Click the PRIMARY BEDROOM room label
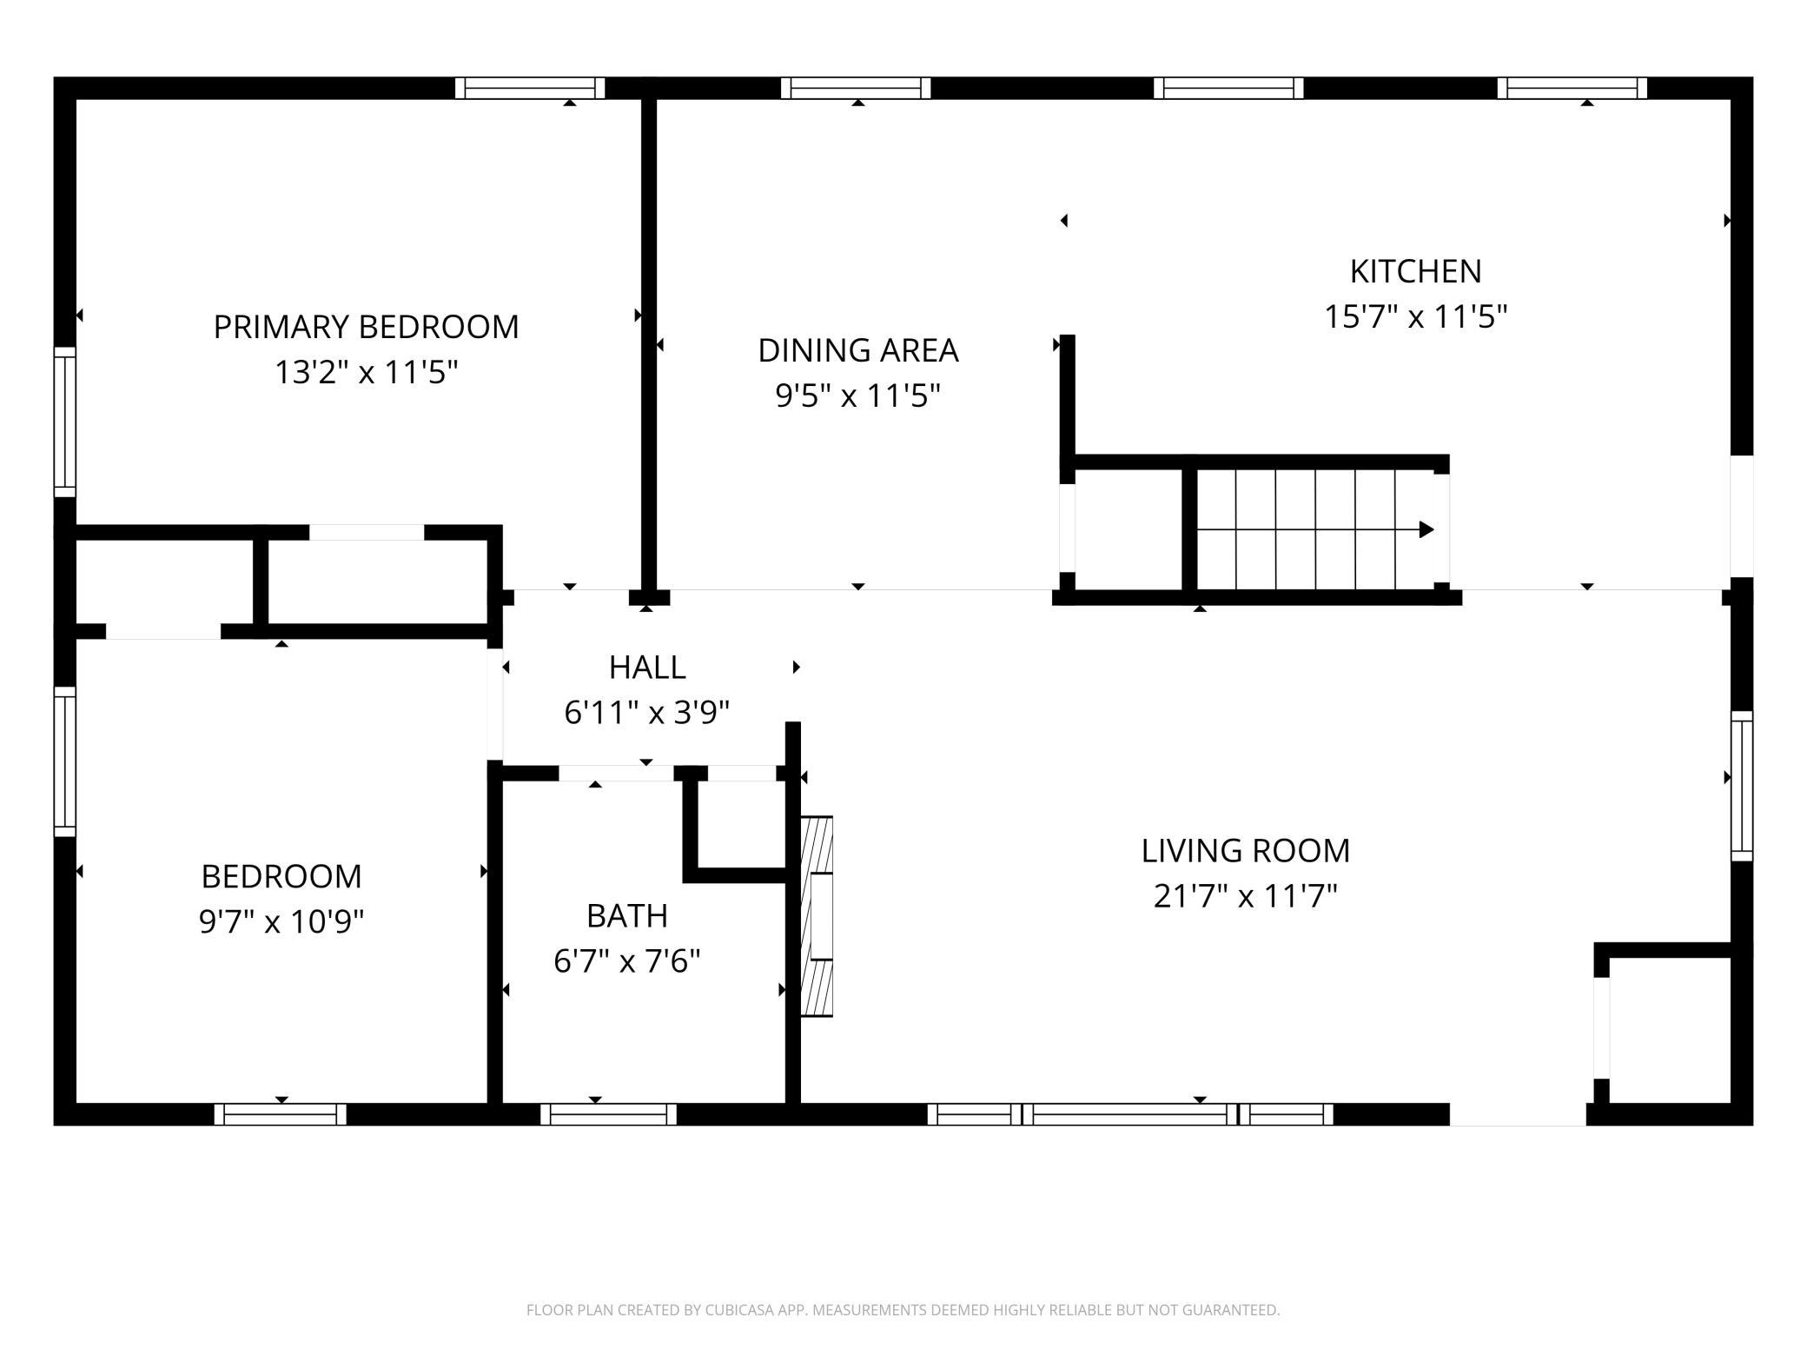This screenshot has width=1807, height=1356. [x=366, y=327]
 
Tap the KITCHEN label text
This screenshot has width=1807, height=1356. [x=1415, y=271]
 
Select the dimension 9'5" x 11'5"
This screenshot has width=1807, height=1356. [x=858, y=396]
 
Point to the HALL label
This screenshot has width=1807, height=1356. [x=647, y=667]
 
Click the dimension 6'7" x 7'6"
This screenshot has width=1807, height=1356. [x=627, y=961]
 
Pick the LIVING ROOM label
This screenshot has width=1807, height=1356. [x=1246, y=850]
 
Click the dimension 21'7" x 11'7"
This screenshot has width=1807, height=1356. [x=1246, y=895]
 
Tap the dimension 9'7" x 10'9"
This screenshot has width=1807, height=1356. [x=281, y=921]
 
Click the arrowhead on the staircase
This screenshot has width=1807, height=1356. [x=1426, y=529]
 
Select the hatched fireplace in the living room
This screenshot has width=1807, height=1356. [x=817, y=916]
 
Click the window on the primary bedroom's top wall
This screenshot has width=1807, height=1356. [x=530, y=88]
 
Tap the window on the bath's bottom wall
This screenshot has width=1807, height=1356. [x=608, y=1114]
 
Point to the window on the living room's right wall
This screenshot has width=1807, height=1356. [x=1742, y=786]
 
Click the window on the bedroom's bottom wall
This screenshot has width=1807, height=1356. [x=281, y=1114]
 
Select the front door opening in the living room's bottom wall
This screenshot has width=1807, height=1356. [x=1519, y=1114]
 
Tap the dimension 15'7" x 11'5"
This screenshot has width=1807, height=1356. [x=1415, y=316]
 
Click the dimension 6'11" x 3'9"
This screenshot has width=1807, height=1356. [x=647, y=713]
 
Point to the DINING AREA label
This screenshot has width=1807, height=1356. [x=858, y=350]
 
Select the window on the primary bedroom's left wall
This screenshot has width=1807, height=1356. [x=65, y=422]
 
